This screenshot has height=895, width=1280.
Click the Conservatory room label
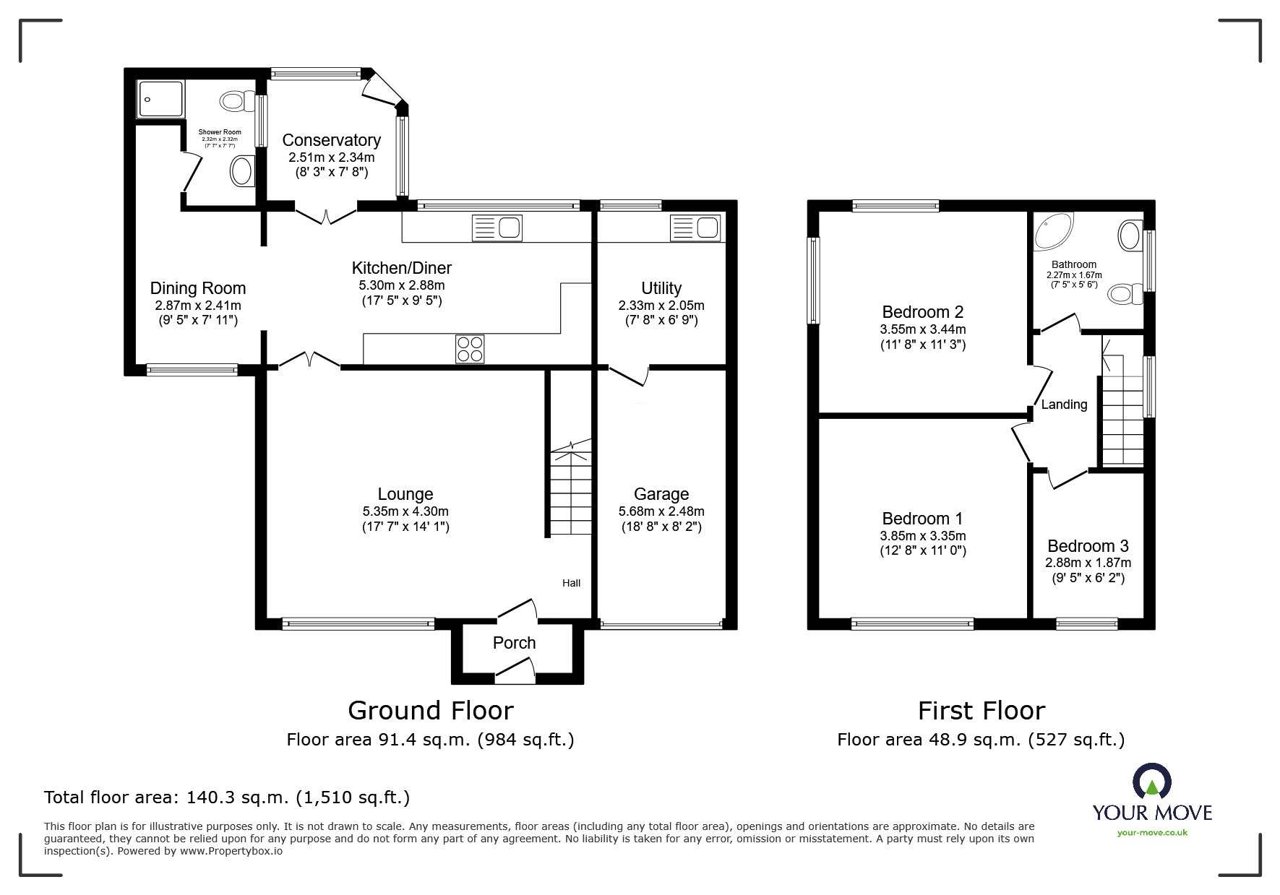coord(331,140)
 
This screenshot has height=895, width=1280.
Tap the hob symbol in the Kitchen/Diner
coord(470,350)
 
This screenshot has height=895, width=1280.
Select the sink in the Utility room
coord(696,228)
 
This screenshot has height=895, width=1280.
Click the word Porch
coord(514,643)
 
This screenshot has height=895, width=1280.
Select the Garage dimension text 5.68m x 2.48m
coord(661,511)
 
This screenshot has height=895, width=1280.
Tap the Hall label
coord(571,583)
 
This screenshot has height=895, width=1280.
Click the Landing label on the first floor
coord(1063,405)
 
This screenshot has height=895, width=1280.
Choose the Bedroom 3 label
coord(1087,546)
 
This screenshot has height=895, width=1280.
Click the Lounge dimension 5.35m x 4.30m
coord(405,511)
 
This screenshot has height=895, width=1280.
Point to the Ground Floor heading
coord(430,711)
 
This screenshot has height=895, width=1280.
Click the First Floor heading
coord(981,711)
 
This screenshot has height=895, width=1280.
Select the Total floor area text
coord(227,797)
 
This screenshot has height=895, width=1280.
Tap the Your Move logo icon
coord(1151,782)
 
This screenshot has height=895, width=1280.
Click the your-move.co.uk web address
coord(1152,833)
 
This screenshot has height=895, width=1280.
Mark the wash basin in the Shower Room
coord(241,172)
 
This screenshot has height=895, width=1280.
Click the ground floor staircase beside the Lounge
coord(571,491)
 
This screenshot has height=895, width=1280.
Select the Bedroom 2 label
coord(922,312)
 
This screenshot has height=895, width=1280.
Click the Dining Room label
coord(198,289)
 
